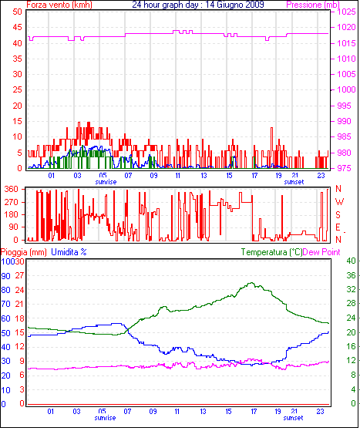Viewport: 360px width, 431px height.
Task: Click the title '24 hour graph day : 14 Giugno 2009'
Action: pos(198,5)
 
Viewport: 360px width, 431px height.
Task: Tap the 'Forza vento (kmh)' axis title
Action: pos(59,5)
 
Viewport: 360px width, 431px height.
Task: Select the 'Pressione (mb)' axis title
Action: pos(313,5)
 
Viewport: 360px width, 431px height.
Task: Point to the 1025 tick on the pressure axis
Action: pos(346,12)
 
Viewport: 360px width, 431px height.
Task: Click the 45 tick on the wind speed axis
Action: pos(17,27)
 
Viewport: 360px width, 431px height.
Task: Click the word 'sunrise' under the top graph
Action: pos(106,182)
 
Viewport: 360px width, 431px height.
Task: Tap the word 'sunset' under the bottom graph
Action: pos(293,418)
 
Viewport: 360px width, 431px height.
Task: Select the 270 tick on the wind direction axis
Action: pos(12,202)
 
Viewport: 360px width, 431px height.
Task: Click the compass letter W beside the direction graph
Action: pos(339,202)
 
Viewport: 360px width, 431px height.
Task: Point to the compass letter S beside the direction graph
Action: pos(338,214)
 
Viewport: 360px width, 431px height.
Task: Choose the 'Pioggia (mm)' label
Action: pos(24,252)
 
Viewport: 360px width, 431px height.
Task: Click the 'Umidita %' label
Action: pos(69,252)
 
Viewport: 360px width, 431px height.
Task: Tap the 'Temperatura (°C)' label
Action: pos(271,252)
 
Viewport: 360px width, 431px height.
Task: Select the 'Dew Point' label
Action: pos(321,252)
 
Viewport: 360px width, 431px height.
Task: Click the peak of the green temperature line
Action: pos(251,283)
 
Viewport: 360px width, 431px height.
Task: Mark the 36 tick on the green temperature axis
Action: pos(351,275)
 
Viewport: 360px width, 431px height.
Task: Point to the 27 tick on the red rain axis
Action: pos(19,276)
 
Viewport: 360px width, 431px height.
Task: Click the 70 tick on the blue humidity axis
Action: pos(5,305)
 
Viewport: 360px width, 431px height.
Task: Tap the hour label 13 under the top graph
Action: pos(204,175)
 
